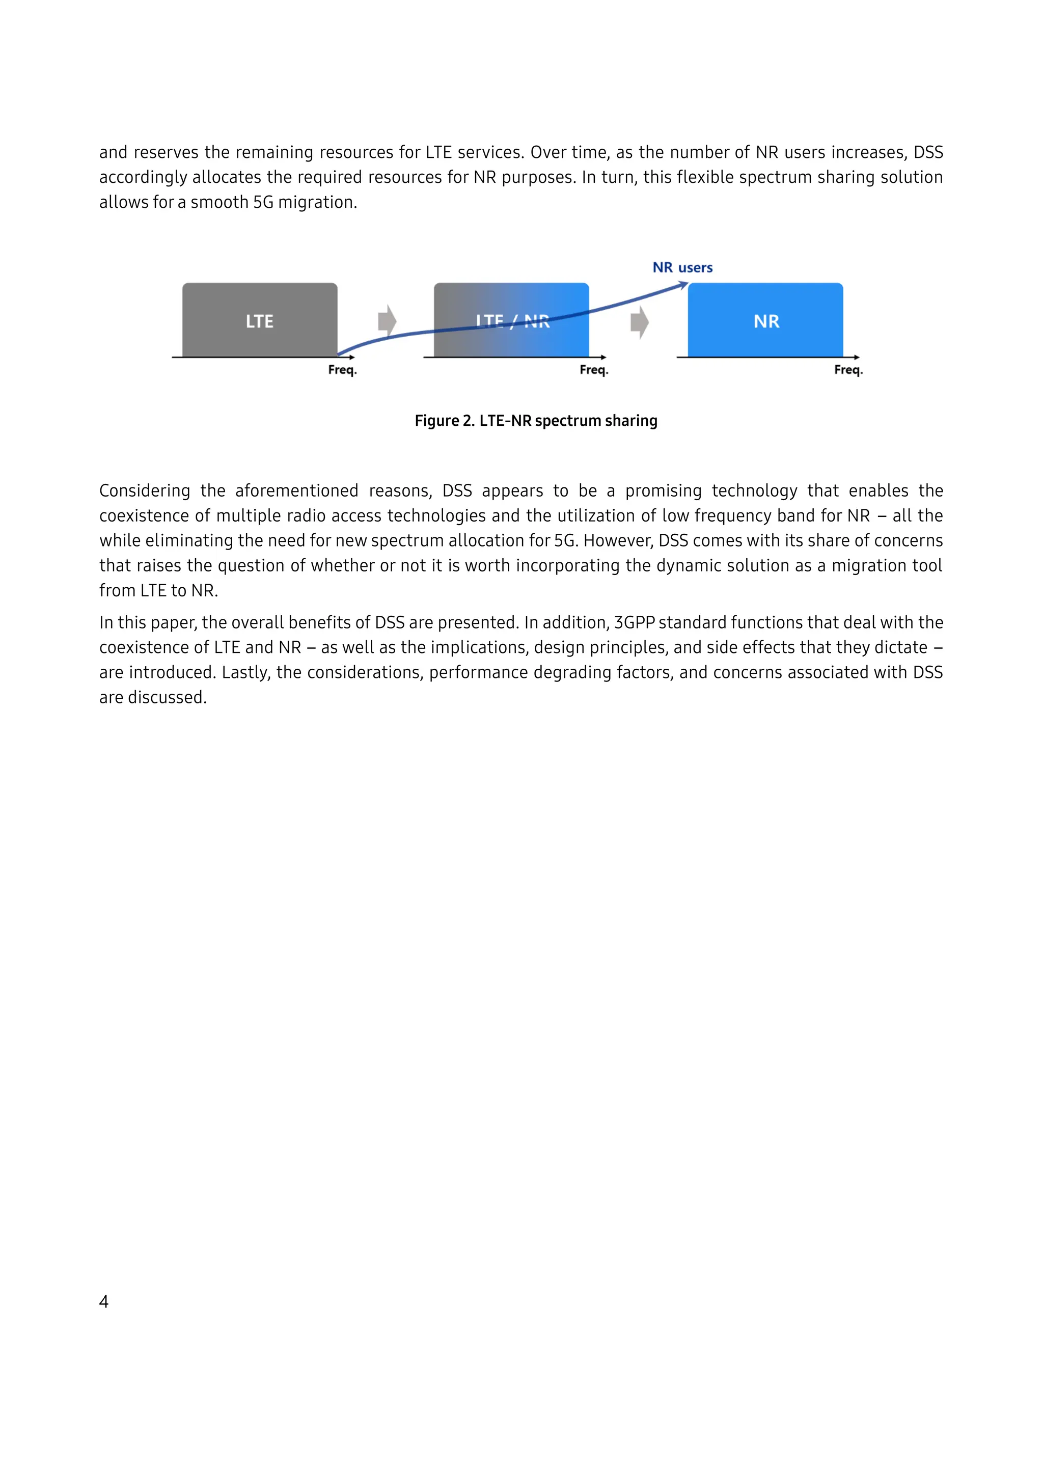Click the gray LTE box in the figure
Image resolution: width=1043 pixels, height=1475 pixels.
pyautogui.click(x=259, y=320)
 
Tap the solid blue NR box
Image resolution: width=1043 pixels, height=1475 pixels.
pyautogui.click(x=765, y=320)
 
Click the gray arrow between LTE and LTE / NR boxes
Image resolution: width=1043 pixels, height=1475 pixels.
pyautogui.click(x=387, y=320)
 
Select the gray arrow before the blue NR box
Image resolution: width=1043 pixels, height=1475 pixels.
pyautogui.click(x=640, y=322)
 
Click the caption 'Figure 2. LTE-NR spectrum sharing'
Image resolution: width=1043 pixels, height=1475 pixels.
pyautogui.click(x=536, y=421)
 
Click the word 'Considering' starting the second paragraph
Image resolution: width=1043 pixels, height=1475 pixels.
pyautogui.click(x=145, y=491)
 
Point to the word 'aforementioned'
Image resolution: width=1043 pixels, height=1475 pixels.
pyautogui.click(x=297, y=491)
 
